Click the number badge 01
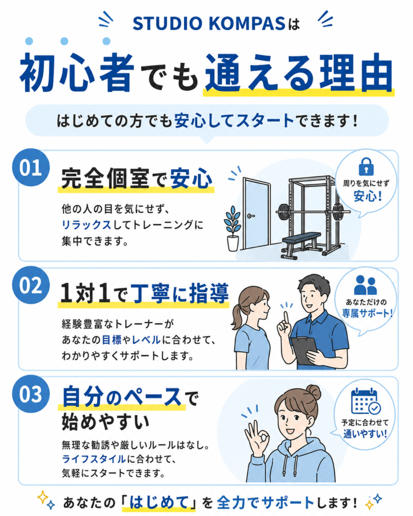tap(31, 167)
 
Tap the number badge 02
tap(31, 285)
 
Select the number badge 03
tap(31, 394)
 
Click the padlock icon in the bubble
tap(366, 166)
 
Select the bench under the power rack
tap(301, 245)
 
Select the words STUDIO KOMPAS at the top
tap(208, 24)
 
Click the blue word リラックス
tap(86, 225)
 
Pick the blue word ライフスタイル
tap(94, 459)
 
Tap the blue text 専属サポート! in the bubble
tap(367, 313)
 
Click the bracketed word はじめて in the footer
tap(158, 502)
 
